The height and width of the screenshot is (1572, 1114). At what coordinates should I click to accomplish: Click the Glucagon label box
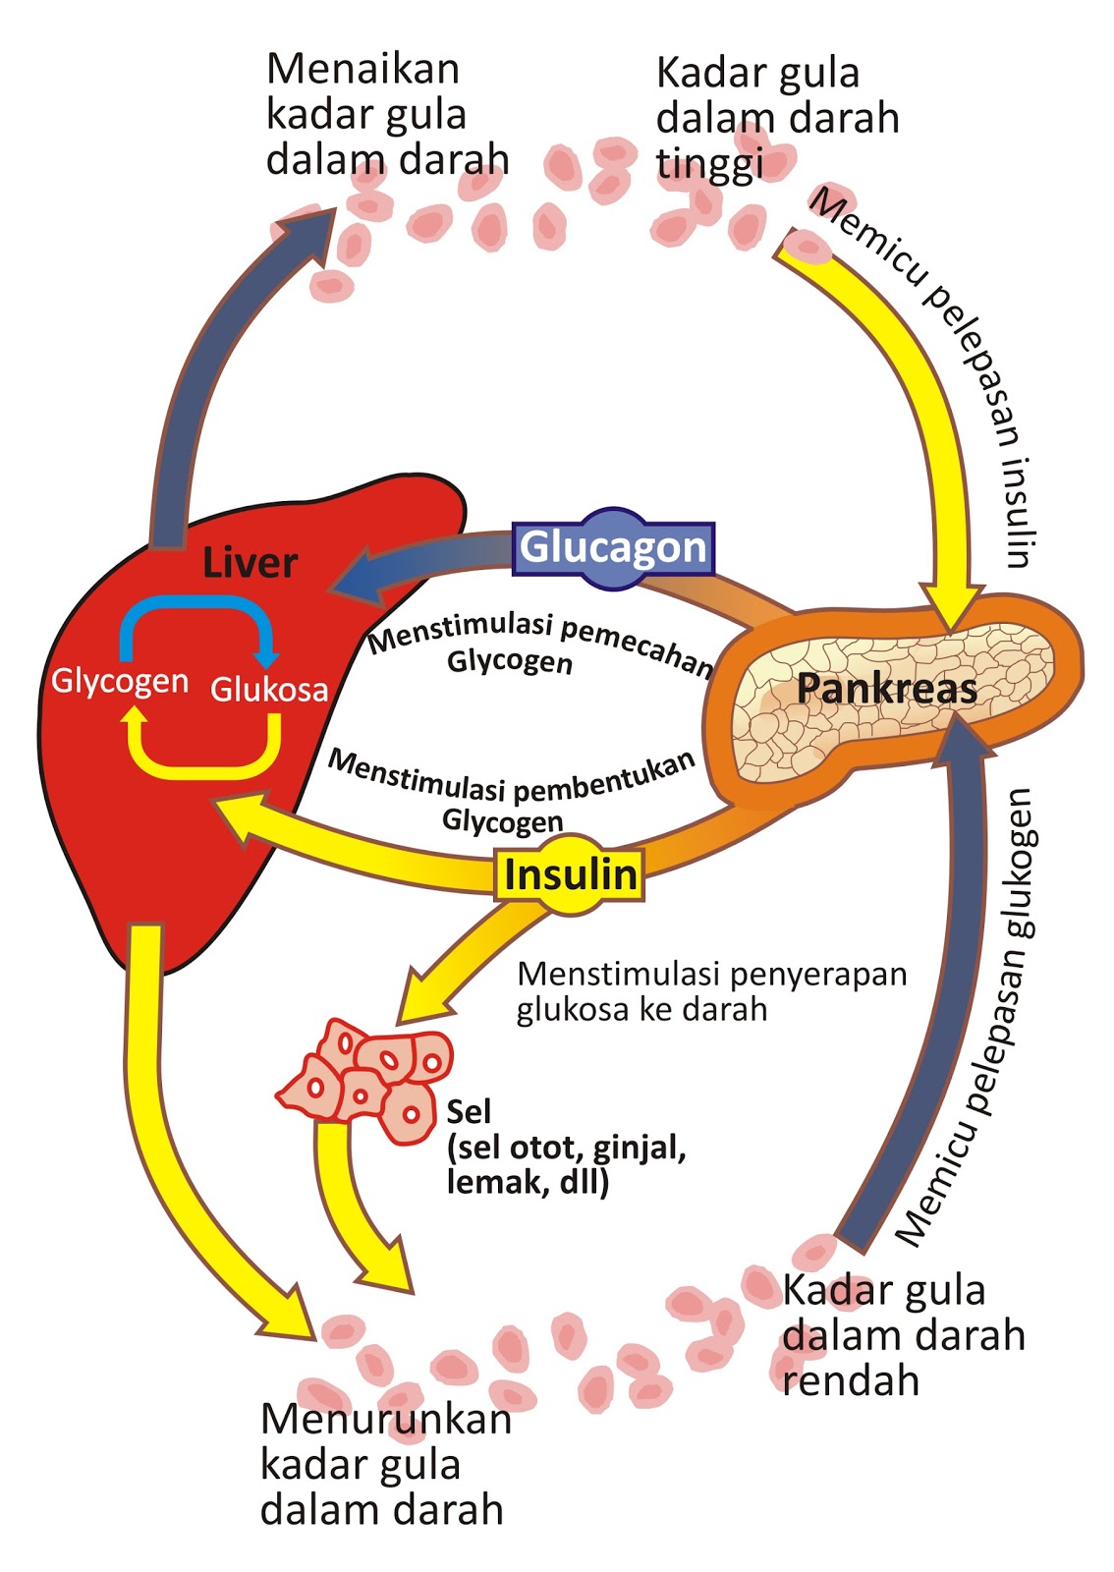(613, 548)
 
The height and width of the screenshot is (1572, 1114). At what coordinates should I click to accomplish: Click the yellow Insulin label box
(570, 873)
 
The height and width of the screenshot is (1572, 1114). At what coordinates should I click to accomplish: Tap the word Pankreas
(886, 689)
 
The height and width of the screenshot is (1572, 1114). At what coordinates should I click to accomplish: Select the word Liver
(250, 563)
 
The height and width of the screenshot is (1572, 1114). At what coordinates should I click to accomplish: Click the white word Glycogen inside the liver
(119, 681)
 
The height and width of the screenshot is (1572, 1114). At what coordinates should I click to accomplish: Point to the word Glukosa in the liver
(269, 690)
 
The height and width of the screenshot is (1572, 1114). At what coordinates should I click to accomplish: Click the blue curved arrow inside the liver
(196, 619)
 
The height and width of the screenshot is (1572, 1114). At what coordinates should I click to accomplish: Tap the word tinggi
(709, 164)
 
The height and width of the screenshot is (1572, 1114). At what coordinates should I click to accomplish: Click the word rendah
(851, 1380)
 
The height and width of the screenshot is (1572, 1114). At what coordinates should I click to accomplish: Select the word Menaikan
(362, 70)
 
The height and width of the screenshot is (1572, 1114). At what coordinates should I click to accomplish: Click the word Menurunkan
(385, 1419)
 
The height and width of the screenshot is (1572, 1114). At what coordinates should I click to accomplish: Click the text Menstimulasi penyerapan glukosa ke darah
(711, 991)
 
